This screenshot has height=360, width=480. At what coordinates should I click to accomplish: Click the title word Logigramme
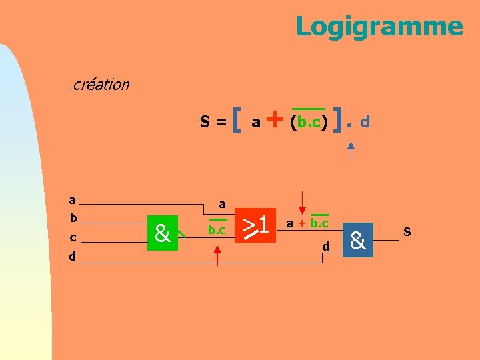(x=379, y=27)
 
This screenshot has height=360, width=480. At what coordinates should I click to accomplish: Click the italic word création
(x=101, y=85)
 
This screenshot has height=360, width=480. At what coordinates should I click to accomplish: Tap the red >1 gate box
(x=255, y=225)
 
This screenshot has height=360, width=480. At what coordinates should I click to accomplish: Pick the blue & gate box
(x=358, y=240)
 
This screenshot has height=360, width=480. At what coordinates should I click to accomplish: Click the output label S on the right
(x=407, y=232)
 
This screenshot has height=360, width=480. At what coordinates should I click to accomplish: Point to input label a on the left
(x=72, y=200)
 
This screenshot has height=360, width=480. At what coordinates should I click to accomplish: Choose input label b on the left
(x=73, y=218)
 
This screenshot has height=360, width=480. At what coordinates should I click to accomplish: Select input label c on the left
(x=73, y=237)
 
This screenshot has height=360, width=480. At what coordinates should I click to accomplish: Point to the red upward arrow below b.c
(x=217, y=255)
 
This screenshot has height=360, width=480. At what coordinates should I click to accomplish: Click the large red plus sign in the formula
(x=274, y=120)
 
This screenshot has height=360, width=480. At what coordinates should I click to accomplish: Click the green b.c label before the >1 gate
(x=217, y=230)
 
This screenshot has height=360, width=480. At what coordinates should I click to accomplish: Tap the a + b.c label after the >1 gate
(x=307, y=223)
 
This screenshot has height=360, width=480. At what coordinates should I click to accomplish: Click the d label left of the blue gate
(x=325, y=247)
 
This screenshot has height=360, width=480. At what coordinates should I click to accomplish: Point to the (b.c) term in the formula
(x=308, y=122)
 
